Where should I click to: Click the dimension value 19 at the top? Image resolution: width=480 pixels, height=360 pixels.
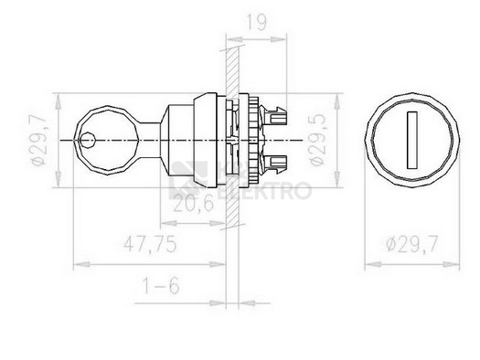(257, 22)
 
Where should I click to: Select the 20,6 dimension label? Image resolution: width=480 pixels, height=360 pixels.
(193, 204)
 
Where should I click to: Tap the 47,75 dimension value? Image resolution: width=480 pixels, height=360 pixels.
(150, 244)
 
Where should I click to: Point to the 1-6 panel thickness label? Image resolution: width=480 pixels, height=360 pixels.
(161, 286)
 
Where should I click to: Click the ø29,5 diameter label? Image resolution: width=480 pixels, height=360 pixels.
(317, 140)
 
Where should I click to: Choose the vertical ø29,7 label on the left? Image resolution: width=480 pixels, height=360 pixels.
(39, 140)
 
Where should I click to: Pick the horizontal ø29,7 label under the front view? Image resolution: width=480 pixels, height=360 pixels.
(412, 244)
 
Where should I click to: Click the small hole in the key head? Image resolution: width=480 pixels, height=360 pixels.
(88, 140)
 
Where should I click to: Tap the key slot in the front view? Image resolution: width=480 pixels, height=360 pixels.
(412, 140)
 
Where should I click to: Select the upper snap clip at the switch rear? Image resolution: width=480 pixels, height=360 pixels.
(273, 115)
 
